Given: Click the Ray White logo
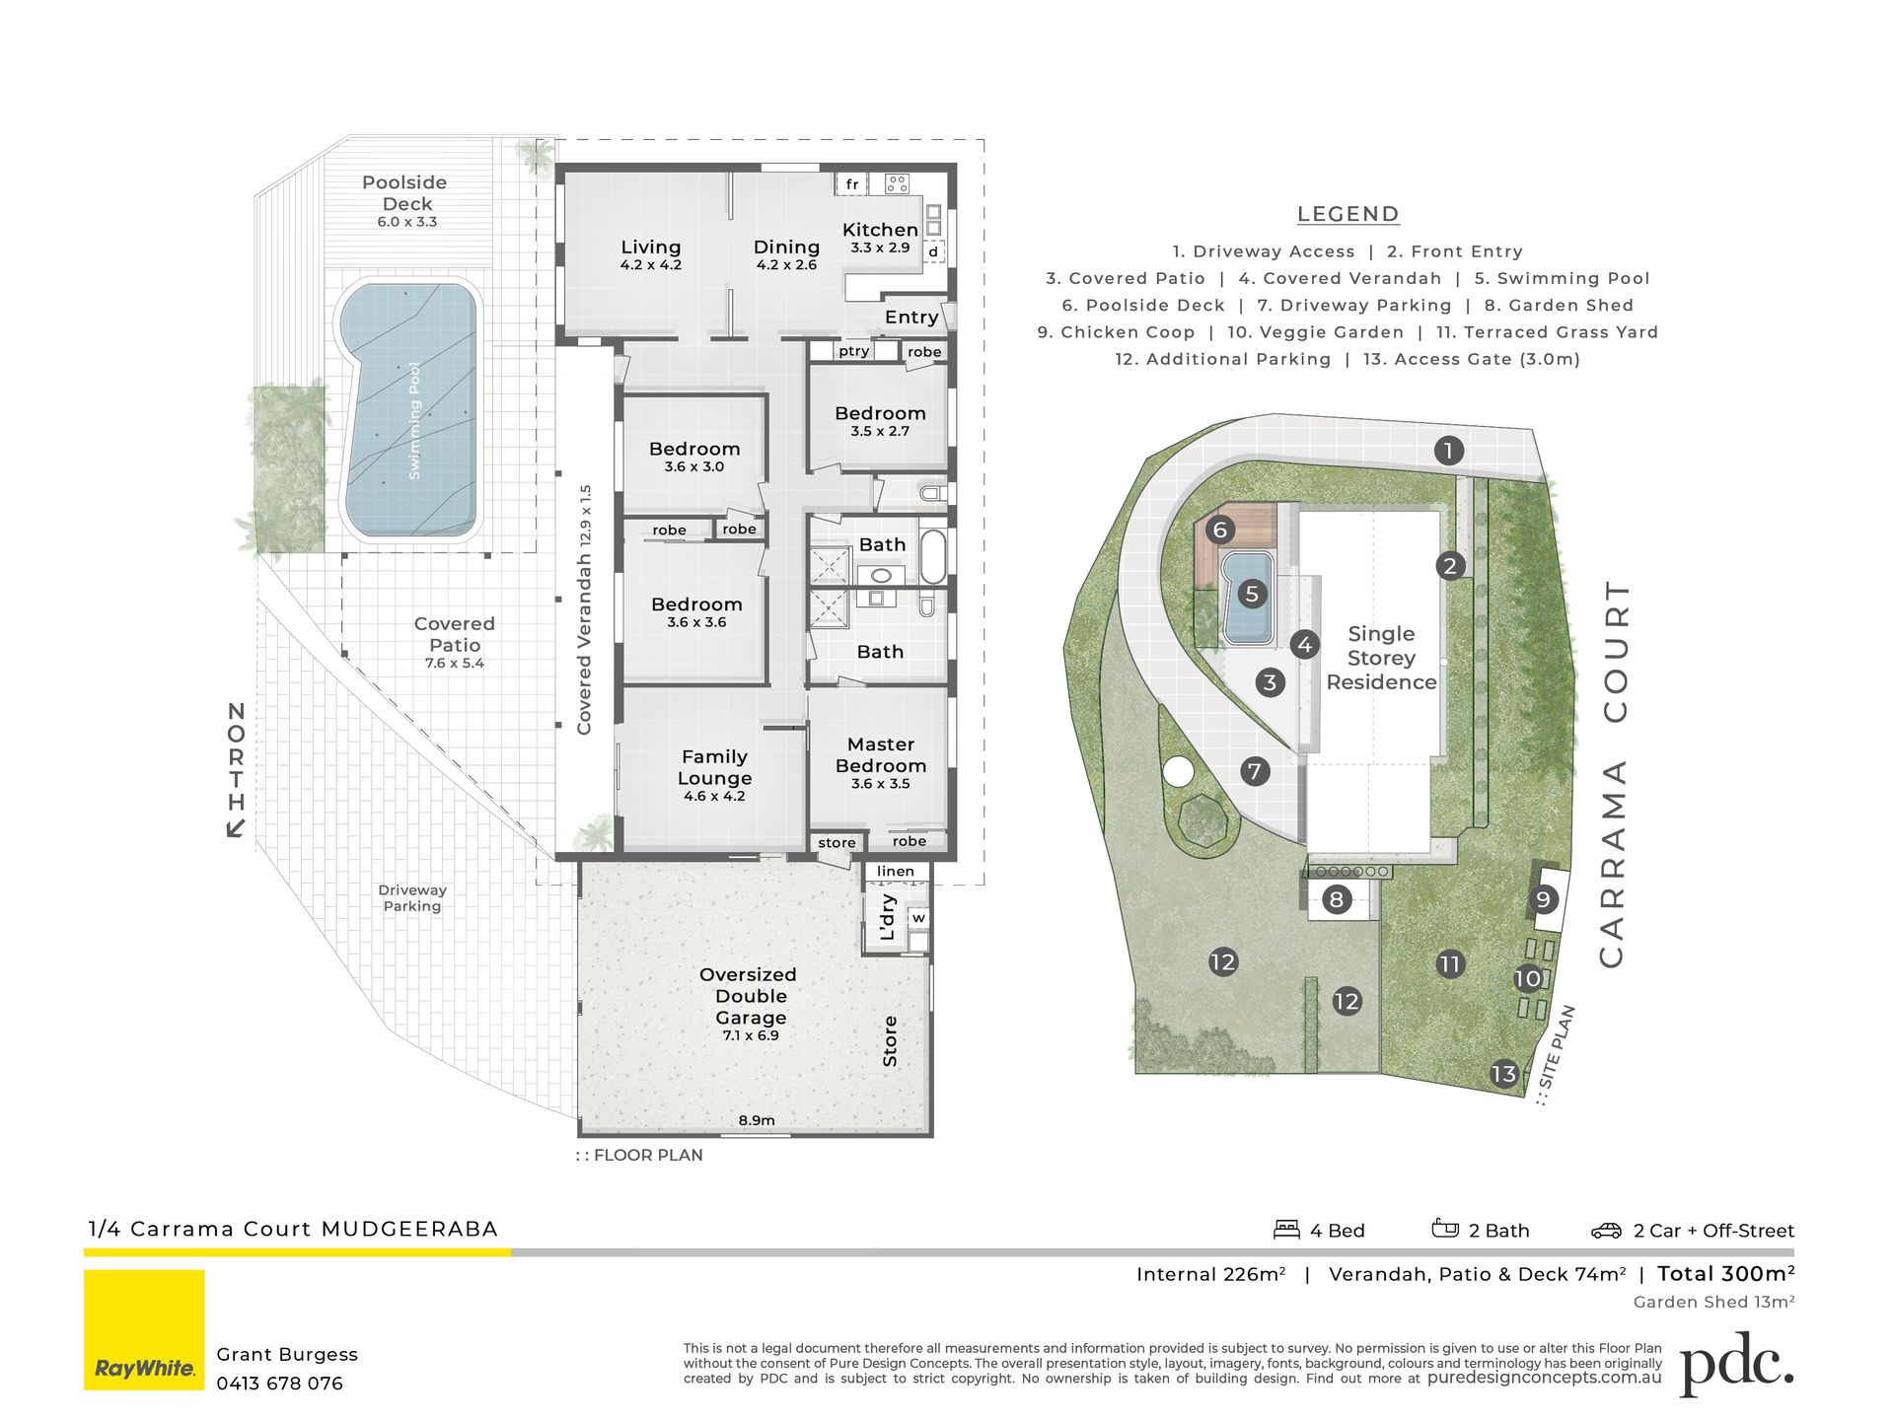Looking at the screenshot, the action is (144, 1329).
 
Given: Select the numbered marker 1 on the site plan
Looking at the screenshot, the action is (1448, 451).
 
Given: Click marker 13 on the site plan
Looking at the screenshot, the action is (1503, 1074).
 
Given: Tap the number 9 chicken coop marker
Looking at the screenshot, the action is (1543, 899).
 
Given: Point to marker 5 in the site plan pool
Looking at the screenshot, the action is (1252, 594).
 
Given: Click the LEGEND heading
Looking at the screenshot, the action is (1348, 214).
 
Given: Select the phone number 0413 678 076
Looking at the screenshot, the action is (280, 1384).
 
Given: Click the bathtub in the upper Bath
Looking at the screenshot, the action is (933, 557).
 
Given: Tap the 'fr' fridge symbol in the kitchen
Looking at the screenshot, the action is (852, 184).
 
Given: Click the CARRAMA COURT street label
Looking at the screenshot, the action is (1612, 774).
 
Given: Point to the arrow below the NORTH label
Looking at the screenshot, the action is (236, 826).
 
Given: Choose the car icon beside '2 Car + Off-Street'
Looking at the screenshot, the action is (1606, 1231).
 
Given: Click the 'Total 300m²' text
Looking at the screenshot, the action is (1726, 1273).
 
